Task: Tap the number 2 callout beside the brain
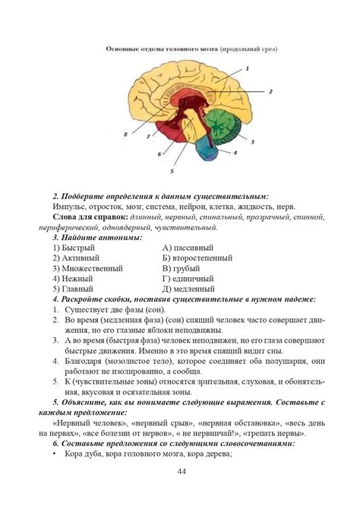(x=270, y=91)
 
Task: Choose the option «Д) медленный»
(x=189, y=289)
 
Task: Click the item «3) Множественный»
(x=84, y=269)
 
